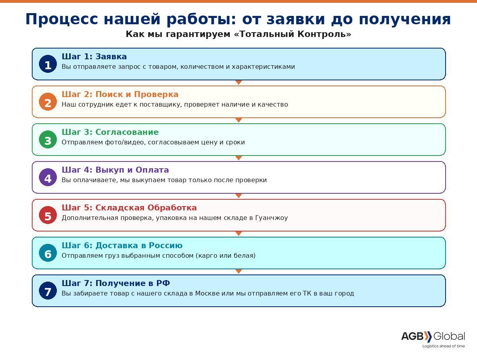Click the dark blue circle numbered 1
click(x=48, y=64)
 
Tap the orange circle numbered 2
click(x=48, y=102)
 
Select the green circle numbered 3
click(x=48, y=140)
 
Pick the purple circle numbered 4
click(x=48, y=177)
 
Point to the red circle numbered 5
click(x=48, y=215)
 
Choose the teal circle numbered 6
click(x=48, y=253)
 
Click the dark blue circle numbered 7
click(x=48, y=291)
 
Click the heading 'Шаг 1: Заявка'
click(x=94, y=56)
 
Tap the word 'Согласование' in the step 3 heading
click(x=127, y=132)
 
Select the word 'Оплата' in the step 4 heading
click(x=152, y=170)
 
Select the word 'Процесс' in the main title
click(x=62, y=19)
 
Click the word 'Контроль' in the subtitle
click(x=324, y=34)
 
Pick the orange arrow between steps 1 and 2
click(x=238, y=82)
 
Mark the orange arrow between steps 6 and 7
click(x=238, y=271)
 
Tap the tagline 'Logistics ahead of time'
click(x=444, y=346)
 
